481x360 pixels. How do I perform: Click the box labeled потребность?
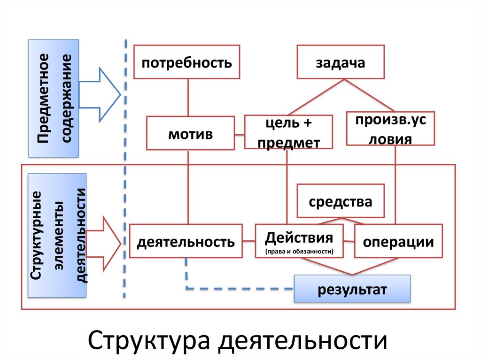pyautogui.click(x=186, y=61)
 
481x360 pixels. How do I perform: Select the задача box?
pyautogui.click(x=341, y=61)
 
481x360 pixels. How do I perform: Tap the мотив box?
pyautogui.click(x=190, y=133)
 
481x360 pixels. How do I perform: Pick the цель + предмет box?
pyautogui.click(x=288, y=132)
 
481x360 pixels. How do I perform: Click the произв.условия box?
pyautogui.click(x=390, y=128)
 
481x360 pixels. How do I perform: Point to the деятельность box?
pyautogui.click(x=186, y=241)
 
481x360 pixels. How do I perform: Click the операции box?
pyautogui.click(x=398, y=241)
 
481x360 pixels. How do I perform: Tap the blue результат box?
pyautogui.click(x=352, y=289)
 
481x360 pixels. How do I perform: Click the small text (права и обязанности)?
pyautogui.click(x=299, y=251)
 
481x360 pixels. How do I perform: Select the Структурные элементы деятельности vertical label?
pyautogui.click(x=57, y=235)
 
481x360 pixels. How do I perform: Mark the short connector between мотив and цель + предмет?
pyautogui.click(x=240, y=135)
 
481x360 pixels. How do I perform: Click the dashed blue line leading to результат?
pyautogui.click(x=240, y=288)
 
